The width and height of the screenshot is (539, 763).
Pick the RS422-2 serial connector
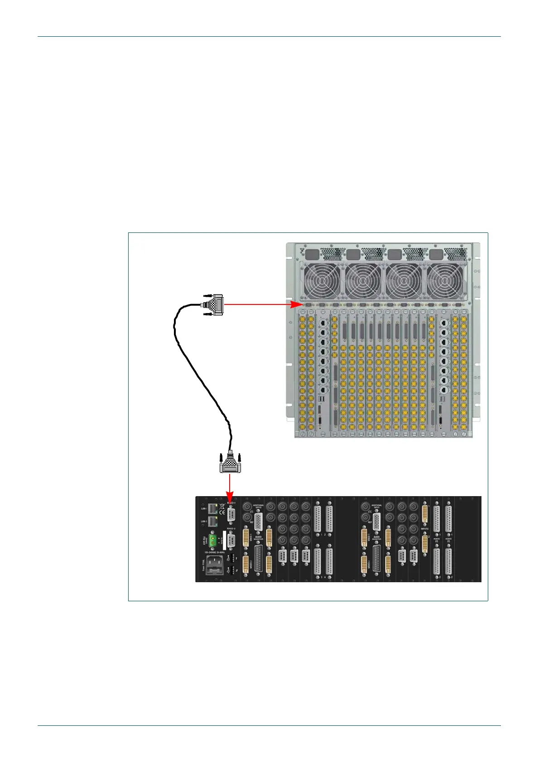click(231, 540)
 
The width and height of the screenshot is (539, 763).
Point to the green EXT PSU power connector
click(212, 540)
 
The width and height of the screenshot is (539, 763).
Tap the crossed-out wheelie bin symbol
click(222, 506)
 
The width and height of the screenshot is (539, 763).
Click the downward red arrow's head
click(230, 498)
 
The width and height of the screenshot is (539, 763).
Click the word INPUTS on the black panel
click(424, 529)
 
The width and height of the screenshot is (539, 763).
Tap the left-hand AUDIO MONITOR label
click(258, 537)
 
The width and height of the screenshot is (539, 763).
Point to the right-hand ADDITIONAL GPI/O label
click(377, 506)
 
